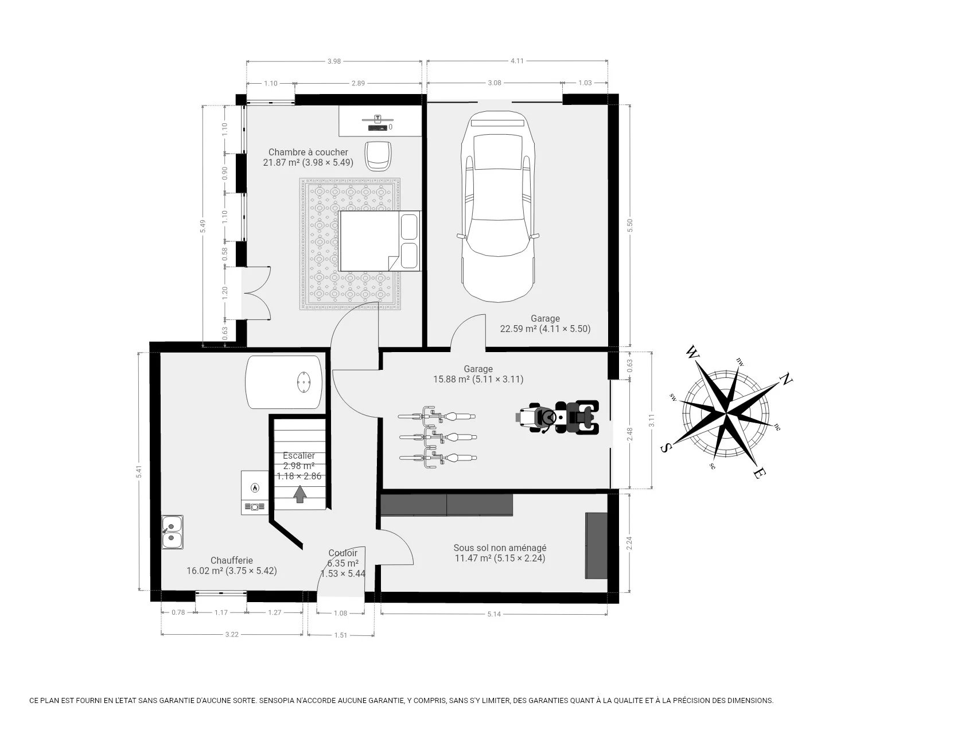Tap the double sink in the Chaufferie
[172, 532]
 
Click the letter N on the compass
[786, 379]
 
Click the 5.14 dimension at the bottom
[493, 614]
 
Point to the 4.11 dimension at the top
[517, 61]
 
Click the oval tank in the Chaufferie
[284, 381]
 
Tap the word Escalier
[299, 456]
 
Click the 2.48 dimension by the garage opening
[631, 434]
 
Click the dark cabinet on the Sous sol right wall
[596, 545]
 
